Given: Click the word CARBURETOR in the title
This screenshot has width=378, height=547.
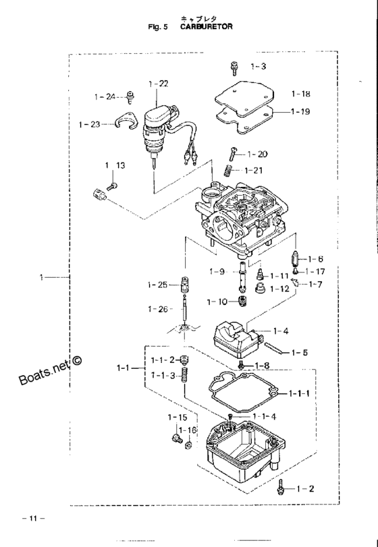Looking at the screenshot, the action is coord(207,26).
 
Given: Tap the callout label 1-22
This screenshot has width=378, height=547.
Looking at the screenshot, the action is coord(158,84).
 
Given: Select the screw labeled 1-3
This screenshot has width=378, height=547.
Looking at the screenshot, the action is coord(234,67).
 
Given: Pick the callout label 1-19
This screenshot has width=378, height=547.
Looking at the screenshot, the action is coord(300,112).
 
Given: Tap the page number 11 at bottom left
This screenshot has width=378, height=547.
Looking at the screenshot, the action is coord(33,519).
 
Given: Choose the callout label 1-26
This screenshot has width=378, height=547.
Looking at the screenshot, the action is coord(158,309).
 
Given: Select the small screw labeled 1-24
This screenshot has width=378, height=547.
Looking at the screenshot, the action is coord(131,97).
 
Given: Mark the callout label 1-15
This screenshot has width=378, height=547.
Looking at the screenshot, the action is coord(178,418).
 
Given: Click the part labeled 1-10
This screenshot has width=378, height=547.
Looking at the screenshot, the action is coord(240,301).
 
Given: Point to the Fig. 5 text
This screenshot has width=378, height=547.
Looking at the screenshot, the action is coord(158,27).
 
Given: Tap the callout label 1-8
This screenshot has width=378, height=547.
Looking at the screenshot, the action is coord(262,366).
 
